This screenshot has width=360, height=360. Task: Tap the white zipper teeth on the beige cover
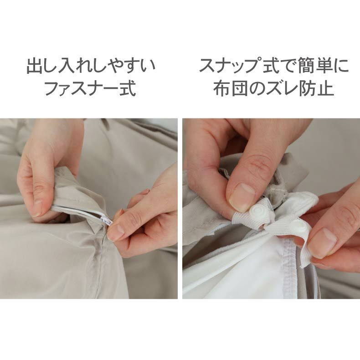coord(80,211)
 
